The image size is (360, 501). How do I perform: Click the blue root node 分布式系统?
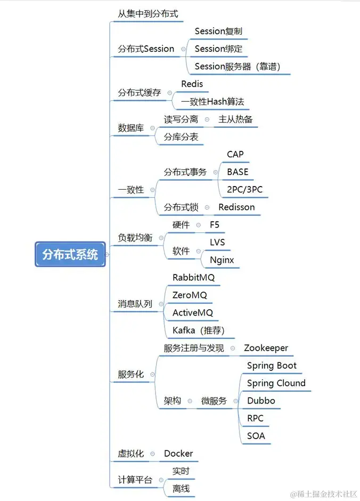tap(70, 254)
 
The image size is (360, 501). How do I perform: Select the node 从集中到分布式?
tap(148, 13)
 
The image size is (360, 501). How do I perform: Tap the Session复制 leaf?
tap(218, 31)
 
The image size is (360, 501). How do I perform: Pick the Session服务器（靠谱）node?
tap(238, 66)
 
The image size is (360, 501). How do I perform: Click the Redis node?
tap(192, 84)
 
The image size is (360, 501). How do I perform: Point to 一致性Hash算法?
tap(212, 101)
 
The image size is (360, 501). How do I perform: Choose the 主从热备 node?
tap(235, 119)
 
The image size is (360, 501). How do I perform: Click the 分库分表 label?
tap(181, 137)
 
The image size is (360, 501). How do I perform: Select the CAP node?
tap(235, 155)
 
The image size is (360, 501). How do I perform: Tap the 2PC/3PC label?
tap(244, 189)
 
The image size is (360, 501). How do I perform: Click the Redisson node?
tap(236, 207)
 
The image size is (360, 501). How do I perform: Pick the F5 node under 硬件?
tap(215, 224)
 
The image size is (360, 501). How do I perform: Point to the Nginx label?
tap(222, 260)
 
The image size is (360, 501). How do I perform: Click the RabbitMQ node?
tap(193, 277)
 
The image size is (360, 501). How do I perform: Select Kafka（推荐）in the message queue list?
tap(199, 330)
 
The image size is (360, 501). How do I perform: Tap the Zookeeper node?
tap(266, 348)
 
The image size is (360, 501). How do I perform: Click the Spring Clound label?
tap(276, 383)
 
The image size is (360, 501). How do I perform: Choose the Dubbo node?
tap(261, 401)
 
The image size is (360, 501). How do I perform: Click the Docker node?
tap(178, 454)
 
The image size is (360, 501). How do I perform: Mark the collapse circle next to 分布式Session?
tap(184, 49)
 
